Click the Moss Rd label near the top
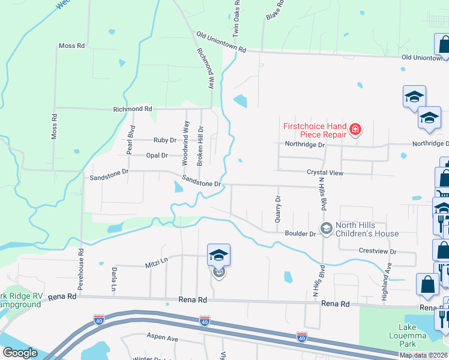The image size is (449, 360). pyautogui.click(x=72, y=46)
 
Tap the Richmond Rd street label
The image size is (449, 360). pyautogui.click(x=133, y=109)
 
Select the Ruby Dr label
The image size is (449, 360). pyautogui.click(x=165, y=140)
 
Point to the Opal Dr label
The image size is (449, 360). pyautogui.click(x=157, y=155)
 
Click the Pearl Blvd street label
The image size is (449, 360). pyautogui.click(x=130, y=140)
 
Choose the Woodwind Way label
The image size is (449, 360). pyautogui.click(x=186, y=143)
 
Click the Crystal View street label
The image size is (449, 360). pyautogui.click(x=325, y=172)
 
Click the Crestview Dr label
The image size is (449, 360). pyautogui.click(x=378, y=251)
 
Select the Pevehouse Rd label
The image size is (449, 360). pyautogui.click(x=80, y=269)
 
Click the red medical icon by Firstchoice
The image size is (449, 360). pyautogui.click(x=355, y=129)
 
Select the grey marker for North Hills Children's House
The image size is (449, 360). pyautogui.click(x=326, y=228)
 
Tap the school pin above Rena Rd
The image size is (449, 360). pyautogui.click(x=218, y=255)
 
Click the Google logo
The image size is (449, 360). pyautogui.click(x=20, y=353)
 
